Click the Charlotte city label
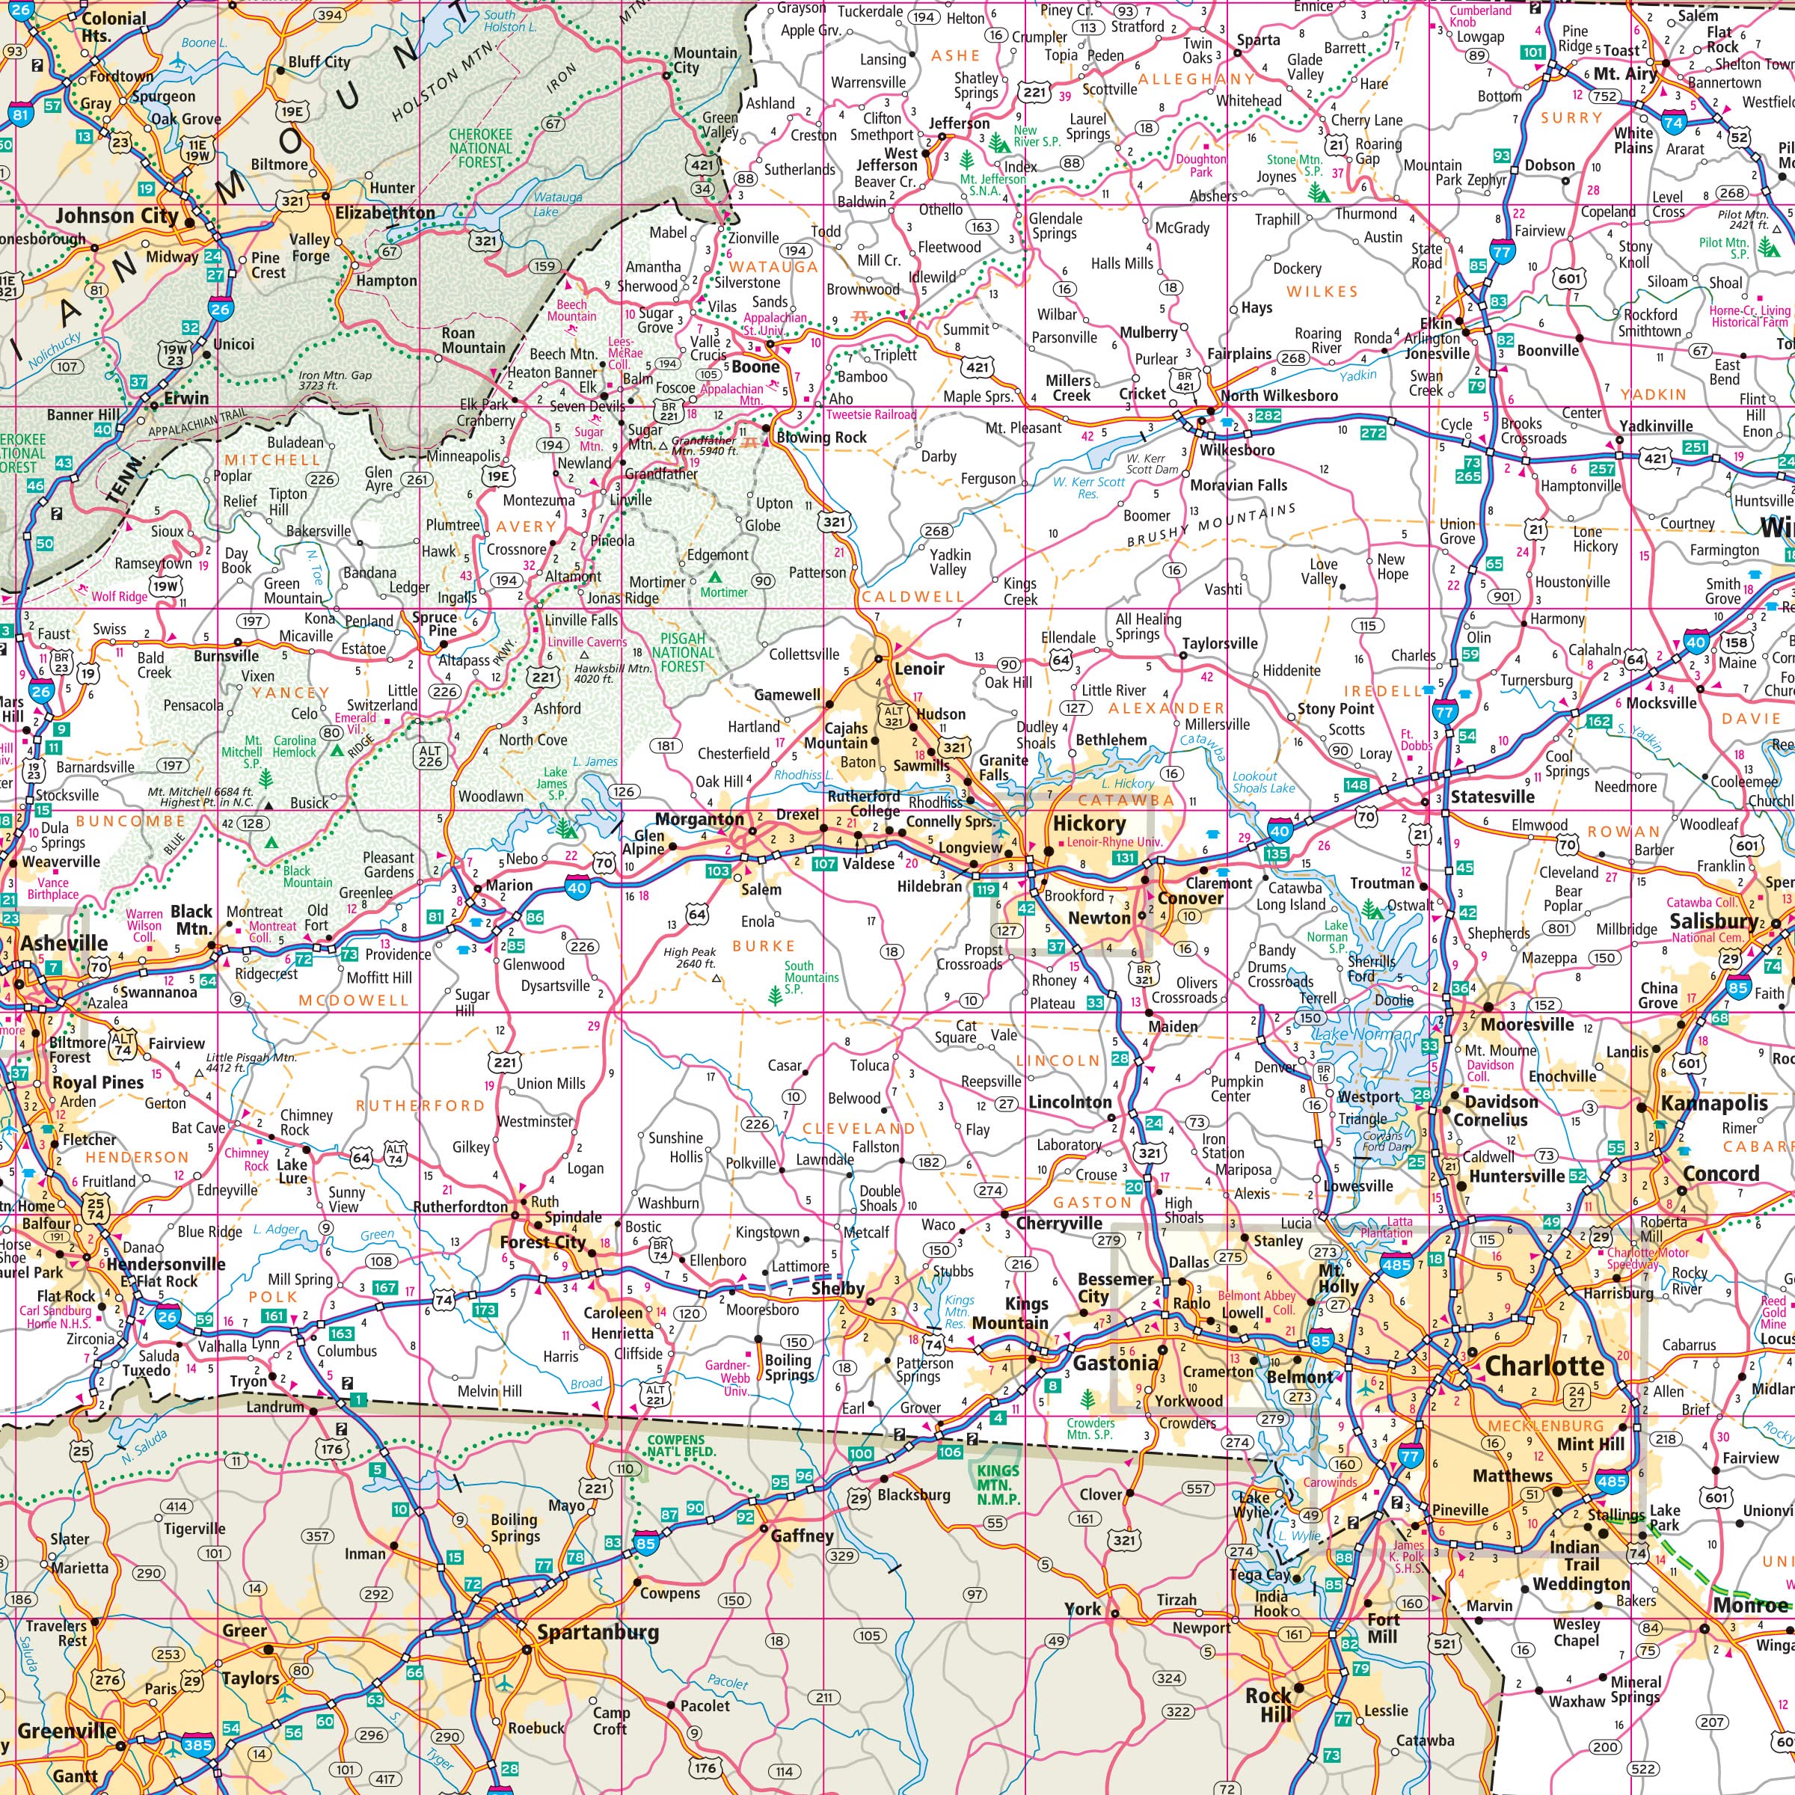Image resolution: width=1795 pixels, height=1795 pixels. point(1544,1366)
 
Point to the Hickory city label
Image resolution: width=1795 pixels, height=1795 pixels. point(1089,823)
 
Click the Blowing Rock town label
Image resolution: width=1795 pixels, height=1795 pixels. point(821,437)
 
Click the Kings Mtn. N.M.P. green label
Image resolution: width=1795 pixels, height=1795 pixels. point(998,1485)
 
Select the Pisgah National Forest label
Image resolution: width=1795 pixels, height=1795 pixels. point(683,652)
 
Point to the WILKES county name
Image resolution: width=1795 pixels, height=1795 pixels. point(1322,292)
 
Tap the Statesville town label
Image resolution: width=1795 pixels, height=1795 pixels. point(1492,797)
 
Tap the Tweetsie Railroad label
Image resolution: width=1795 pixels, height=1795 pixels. point(871,415)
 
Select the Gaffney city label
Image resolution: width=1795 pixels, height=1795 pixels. point(802,1535)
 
